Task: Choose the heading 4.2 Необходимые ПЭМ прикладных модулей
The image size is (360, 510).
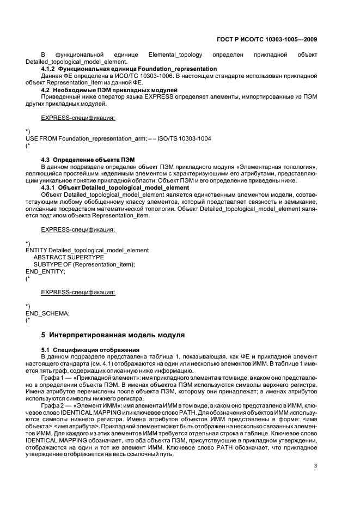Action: [x=109, y=89]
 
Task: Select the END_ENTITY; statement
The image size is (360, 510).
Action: [x=45, y=271]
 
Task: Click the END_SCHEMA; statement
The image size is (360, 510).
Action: [x=47, y=313]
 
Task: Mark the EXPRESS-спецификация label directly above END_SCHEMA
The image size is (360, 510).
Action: [x=78, y=292]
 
